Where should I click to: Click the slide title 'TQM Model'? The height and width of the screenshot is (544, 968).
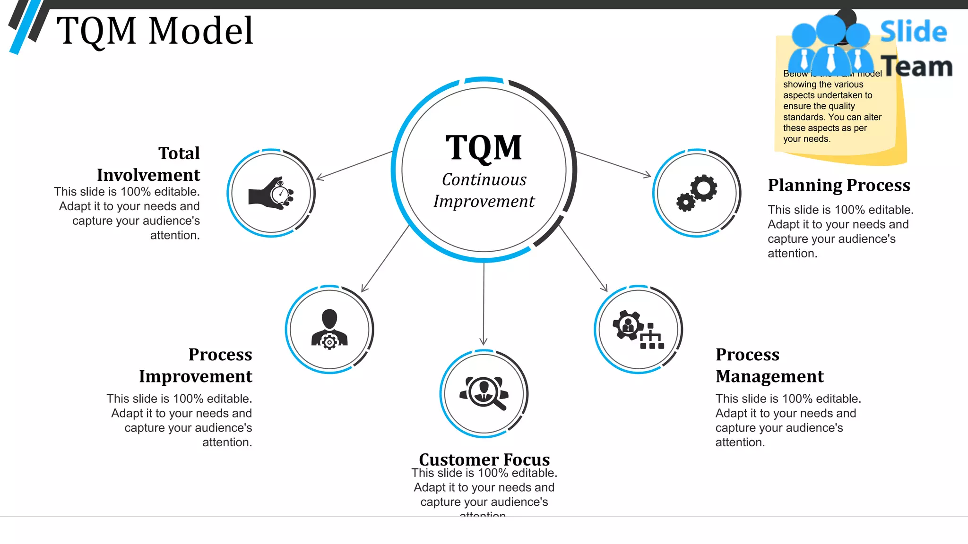point(155,31)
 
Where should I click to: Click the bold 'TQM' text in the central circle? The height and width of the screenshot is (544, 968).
point(484,148)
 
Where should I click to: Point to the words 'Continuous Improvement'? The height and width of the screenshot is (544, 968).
point(484,190)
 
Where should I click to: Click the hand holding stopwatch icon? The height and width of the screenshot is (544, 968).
point(271,193)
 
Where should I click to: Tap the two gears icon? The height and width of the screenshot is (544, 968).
point(697,193)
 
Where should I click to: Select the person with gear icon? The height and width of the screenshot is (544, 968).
point(329,329)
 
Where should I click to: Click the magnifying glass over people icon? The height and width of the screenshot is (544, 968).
point(484,393)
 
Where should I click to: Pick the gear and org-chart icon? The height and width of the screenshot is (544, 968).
point(638,329)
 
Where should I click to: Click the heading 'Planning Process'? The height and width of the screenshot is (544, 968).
point(838,185)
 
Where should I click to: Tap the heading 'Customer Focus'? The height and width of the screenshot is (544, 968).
point(484,459)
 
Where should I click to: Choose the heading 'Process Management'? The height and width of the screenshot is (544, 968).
point(769,365)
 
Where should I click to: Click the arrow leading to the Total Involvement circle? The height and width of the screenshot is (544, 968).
point(354,165)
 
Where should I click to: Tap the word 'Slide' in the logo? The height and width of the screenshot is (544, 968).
point(913,32)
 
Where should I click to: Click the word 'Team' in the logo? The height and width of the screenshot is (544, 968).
point(917,67)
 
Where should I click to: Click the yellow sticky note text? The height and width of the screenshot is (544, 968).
point(832,111)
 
